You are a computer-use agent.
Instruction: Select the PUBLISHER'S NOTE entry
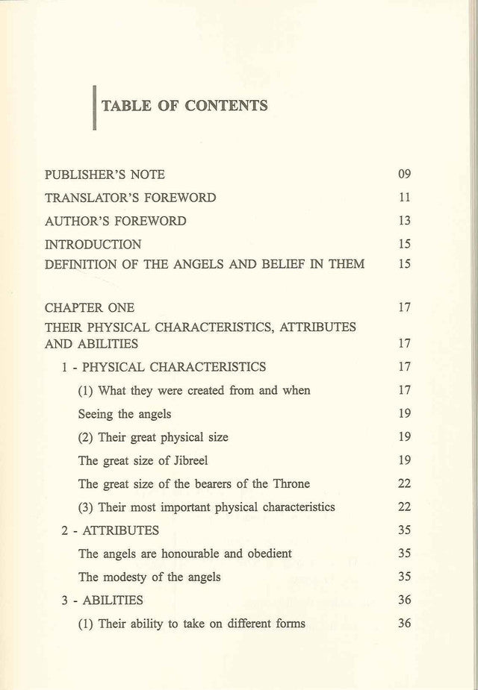click(105, 175)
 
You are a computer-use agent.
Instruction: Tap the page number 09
click(404, 175)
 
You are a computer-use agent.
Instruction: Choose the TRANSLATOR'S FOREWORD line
click(130, 198)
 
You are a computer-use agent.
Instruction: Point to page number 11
click(404, 198)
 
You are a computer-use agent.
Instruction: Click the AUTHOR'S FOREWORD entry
click(115, 221)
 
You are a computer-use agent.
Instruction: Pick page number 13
click(404, 221)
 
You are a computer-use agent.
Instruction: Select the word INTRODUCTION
click(93, 244)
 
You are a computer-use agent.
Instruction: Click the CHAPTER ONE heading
click(90, 307)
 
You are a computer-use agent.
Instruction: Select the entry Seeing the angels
click(124, 414)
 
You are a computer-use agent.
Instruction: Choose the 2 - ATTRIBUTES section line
click(110, 530)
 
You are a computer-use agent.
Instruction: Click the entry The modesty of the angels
click(149, 577)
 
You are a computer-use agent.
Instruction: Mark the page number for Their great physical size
click(404, 437)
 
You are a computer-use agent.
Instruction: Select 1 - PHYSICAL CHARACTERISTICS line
click(164, 367)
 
